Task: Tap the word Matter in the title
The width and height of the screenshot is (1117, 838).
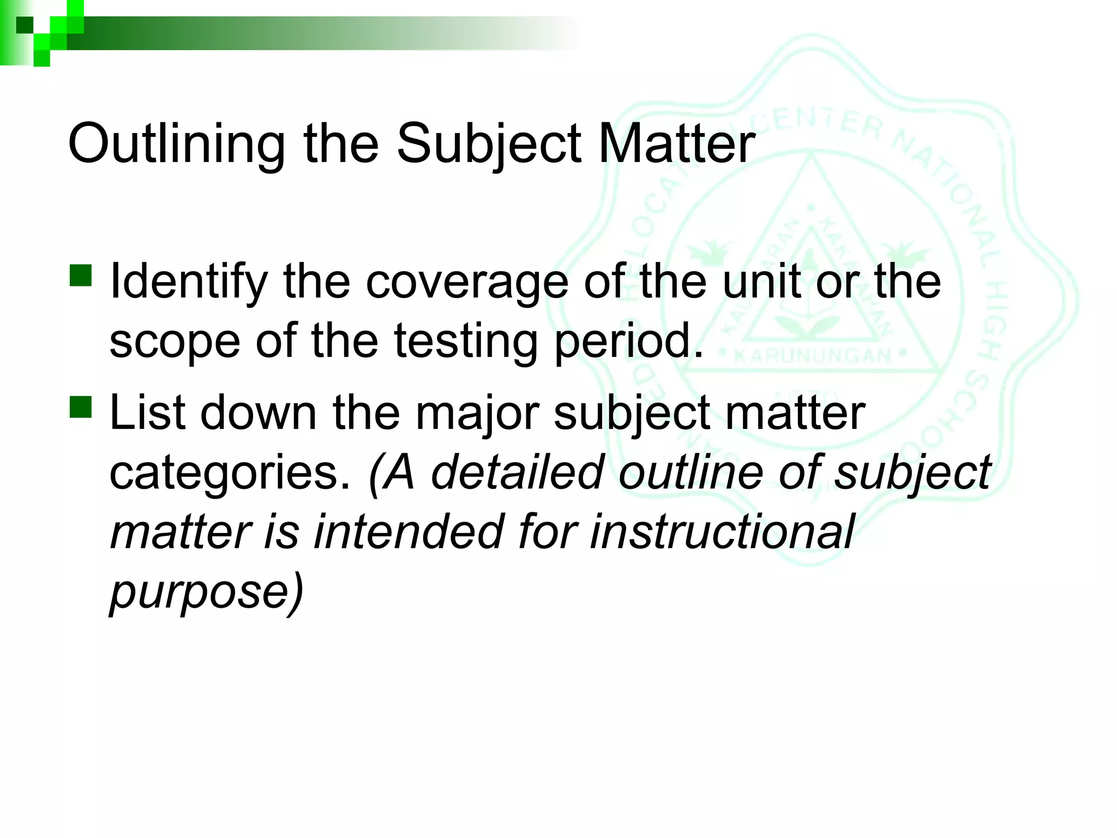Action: [676, 143]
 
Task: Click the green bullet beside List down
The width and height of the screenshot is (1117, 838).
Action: [81, 406]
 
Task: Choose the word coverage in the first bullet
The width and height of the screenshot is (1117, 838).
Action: [467, 282]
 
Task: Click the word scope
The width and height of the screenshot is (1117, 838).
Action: [175, 341]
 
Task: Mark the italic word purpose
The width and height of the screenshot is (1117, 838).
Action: [206, 591]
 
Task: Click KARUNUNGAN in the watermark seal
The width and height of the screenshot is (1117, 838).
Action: [813, 356]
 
